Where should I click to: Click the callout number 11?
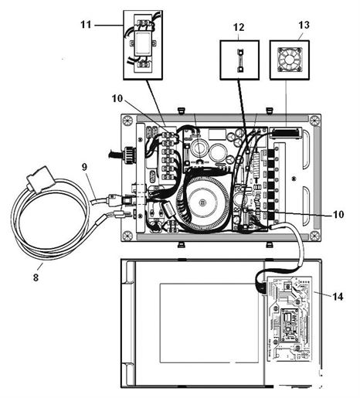pos(86,25)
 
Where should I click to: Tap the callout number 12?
pos(239,27)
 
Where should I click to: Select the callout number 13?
pos(304,26)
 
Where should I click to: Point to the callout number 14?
pos(338,297)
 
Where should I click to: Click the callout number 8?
pos(36,277)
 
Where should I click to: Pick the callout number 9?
pos(84,167)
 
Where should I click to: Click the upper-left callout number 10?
pos(117,98)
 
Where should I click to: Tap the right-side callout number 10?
pos(338,214)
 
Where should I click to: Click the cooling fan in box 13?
pos(290,60)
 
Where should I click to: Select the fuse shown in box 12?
pos(239,60)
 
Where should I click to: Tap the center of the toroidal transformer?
pos(203,202)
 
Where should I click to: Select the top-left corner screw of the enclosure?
pos(127,121)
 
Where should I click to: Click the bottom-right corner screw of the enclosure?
pos(315,236)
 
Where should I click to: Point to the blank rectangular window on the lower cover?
pos(209,323)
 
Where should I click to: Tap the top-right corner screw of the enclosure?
pos(314,120)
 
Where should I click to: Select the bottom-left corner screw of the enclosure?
pos(127,235)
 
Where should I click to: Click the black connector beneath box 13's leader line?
pos(286,133)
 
